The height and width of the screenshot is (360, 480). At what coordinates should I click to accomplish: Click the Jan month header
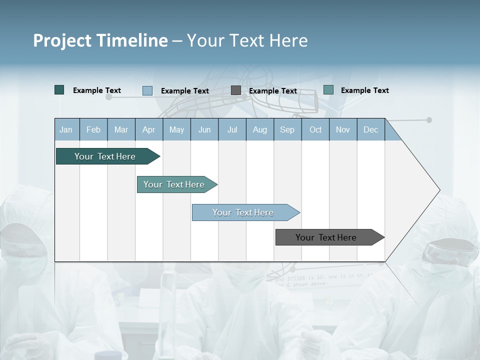[66, 129]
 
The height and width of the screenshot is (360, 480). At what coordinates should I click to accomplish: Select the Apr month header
[149, 129]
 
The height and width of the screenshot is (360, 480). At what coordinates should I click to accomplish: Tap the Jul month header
[232, 129]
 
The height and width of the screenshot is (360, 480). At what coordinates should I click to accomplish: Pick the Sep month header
[287, 129]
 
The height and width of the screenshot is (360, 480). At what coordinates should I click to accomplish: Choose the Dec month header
[370, 129]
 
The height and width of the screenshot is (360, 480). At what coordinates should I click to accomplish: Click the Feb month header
[93, 129]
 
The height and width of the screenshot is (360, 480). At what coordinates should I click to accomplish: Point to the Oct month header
[315, 129]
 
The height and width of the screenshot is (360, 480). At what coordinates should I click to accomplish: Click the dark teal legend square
[59, 90]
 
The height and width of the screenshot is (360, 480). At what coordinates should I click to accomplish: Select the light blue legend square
[147, 90]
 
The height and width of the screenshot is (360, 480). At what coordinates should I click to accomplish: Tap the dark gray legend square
[236, 90]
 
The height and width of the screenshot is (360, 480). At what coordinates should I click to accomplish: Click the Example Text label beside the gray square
[273, 91]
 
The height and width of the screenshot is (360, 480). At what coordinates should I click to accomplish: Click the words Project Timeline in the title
[100, 40]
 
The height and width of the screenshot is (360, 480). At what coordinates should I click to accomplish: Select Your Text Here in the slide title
[247, 40]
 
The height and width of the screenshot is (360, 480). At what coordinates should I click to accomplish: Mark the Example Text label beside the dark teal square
[97, 90]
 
